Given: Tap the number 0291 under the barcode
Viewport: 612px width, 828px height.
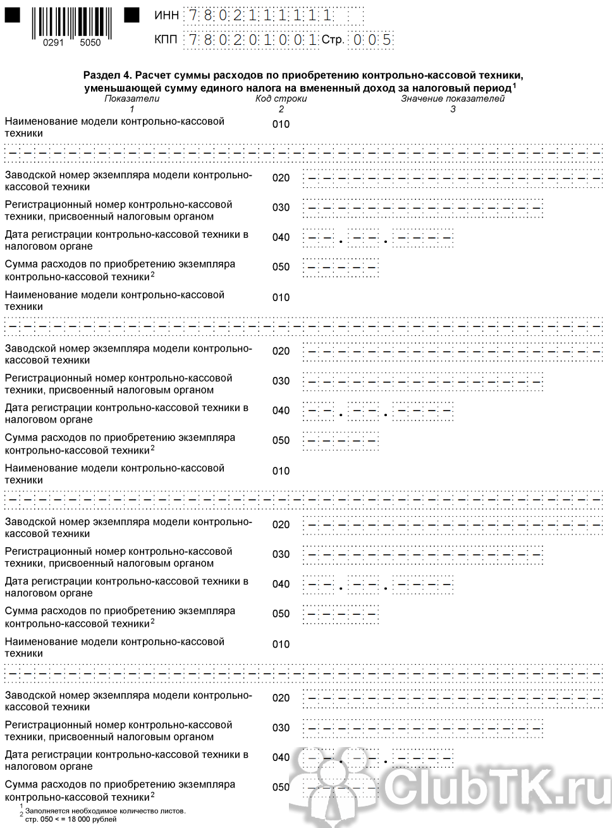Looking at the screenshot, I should (53, 42).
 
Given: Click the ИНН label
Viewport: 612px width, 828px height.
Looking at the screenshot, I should (166, 16).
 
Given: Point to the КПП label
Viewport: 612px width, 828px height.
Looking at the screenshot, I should (166, 40).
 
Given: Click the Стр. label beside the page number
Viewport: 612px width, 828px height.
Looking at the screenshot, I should (333, 40).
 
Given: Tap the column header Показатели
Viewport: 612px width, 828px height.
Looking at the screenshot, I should (132, 98).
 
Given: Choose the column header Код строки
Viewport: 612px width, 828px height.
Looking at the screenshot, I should (281, 98).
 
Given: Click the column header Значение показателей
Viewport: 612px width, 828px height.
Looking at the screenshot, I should (453, 98).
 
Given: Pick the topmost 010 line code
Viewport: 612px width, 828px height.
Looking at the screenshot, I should (281, 124).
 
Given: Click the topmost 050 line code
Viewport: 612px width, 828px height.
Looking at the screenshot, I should (281, 267).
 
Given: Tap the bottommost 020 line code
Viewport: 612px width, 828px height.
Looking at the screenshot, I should (281, 698).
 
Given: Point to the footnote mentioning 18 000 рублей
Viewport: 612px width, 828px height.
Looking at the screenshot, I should (71, 819).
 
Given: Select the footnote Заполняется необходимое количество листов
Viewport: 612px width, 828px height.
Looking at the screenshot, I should (105, 811).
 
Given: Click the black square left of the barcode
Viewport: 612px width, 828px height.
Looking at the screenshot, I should (12, 14).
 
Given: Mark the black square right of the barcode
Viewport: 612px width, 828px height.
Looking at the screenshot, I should (132, 14).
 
